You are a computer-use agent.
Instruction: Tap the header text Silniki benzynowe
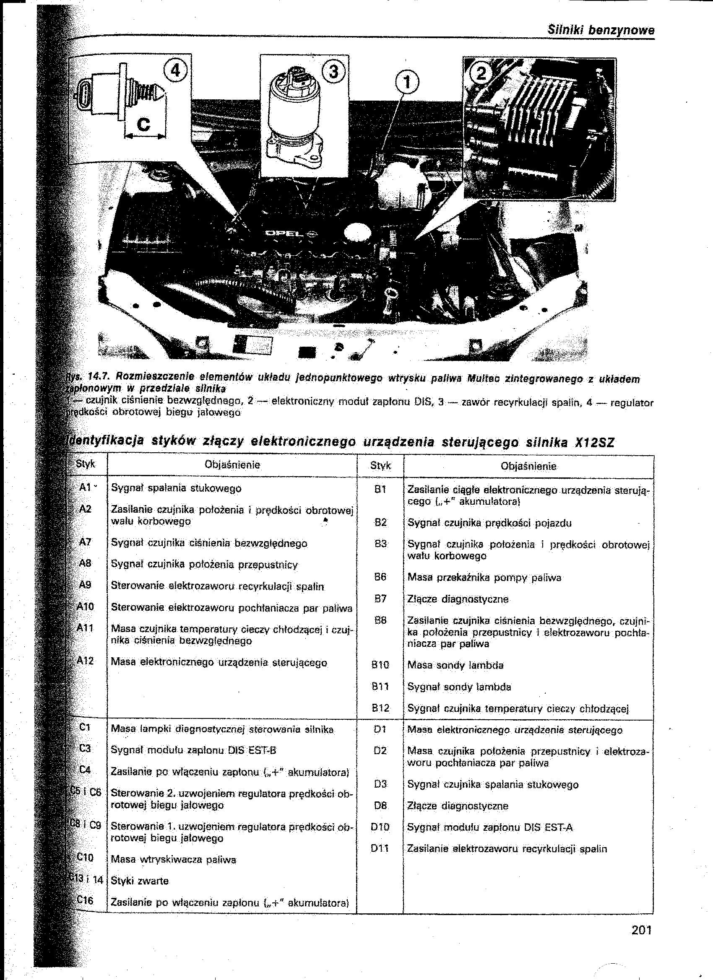tap(601, 31)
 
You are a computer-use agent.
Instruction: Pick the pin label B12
tap(380, 708)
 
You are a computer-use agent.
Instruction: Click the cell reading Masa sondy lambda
tap(455, 666)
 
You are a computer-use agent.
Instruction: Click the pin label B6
tap(380, 577)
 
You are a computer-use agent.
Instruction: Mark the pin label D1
tap(379, 730)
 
